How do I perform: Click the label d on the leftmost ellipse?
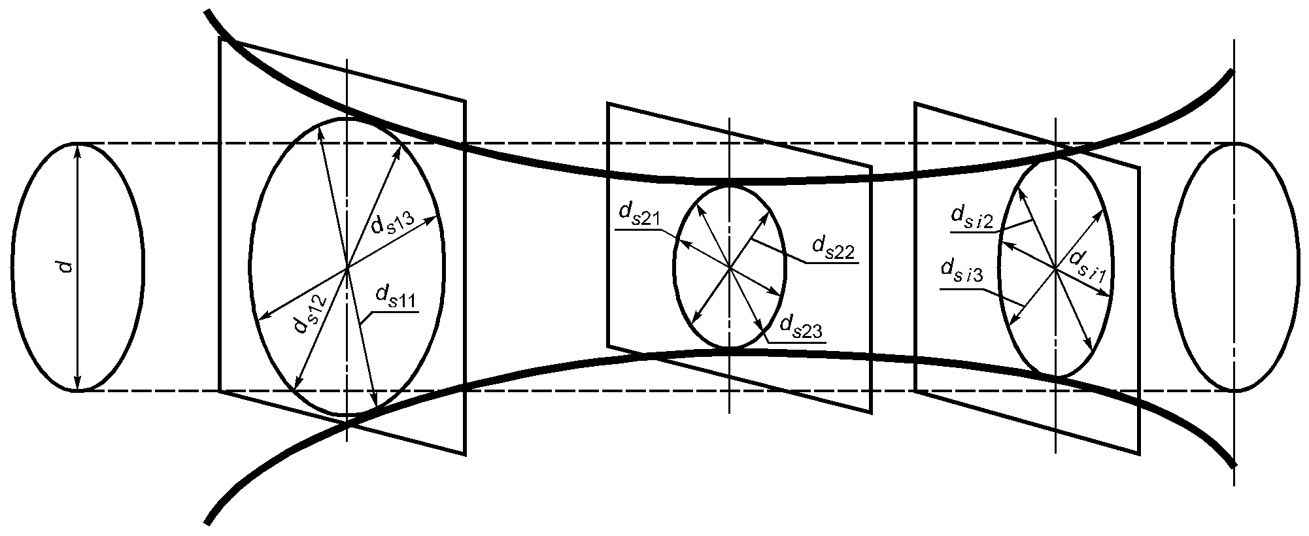66,266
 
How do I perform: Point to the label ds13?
392,218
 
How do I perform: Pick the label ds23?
801,326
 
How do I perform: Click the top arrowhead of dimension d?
77,146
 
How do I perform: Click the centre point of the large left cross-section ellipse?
347,267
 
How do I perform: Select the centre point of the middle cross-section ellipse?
729,267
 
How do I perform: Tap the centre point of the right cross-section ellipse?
1055,267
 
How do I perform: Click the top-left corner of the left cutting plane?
219,39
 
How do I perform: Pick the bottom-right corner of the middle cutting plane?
872,412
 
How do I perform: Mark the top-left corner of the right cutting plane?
915,103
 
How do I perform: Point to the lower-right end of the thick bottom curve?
1232,465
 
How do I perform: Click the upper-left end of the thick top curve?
207,12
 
